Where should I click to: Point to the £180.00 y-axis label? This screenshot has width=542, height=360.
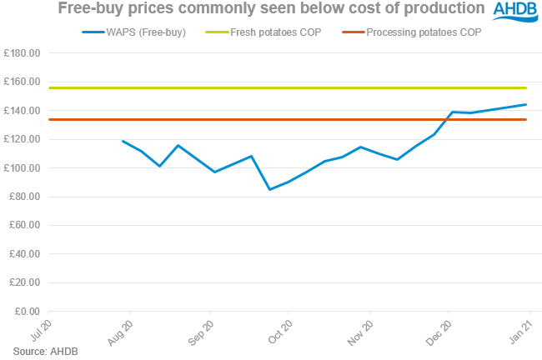point(24,53)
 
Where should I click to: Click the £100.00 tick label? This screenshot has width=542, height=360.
point(24,168)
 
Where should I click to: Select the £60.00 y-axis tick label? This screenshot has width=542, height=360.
point(27,226)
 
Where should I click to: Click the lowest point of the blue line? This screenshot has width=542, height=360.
point(269,189)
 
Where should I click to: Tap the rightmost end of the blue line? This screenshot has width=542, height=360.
point(526,104)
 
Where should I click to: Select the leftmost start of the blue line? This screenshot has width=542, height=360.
point(123,141)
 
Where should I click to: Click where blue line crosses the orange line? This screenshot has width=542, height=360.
point(446,119)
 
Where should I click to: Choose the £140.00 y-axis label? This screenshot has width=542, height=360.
point(24,111)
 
